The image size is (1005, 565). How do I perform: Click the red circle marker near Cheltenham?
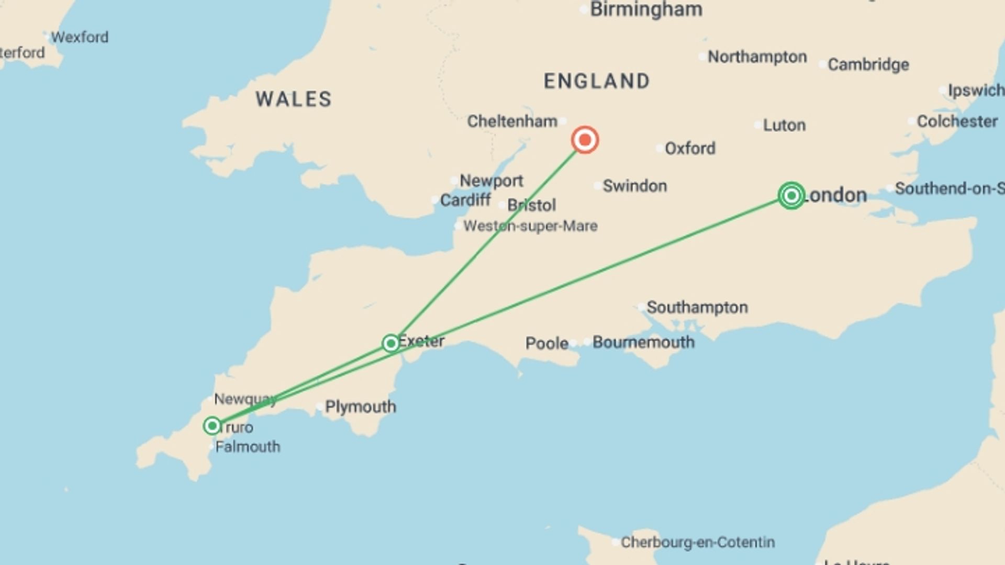(x=585, y=140)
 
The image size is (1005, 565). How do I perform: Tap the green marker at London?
(x=791, y=196)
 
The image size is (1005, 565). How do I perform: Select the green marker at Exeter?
(x=390, y=343)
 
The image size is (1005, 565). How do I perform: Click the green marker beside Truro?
(x=212, y=426)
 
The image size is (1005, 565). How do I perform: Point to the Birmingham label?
(x=646, y=9)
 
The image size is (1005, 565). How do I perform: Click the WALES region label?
(x=294, y=99)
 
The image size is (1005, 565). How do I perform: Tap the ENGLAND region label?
(x=597, y=81)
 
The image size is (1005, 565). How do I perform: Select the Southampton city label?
(x=697, y=308)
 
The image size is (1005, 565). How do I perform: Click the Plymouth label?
(x=360, y=407)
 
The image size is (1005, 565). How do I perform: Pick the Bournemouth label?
(x=643, y=343)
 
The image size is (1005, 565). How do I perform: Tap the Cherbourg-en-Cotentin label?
(x=697, y=543)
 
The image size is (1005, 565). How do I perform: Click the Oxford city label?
(x=689, y=149)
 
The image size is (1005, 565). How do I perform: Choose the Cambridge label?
(x=868, y=65)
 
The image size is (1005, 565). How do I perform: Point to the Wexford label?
(x=80, y=38)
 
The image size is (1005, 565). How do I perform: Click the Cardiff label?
(x=465, y=200)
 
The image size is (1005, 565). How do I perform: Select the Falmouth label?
(x=248, y=447)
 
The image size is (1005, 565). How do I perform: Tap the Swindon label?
(x=634, y=186)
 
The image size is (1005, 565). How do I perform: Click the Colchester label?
(x=957, y=121)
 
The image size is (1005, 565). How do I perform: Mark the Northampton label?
(x=757, y=57)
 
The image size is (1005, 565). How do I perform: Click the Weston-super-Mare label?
(x=530, y=227)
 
